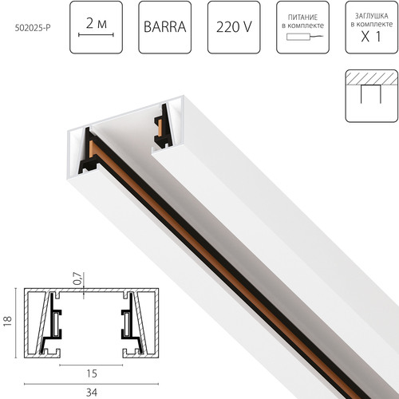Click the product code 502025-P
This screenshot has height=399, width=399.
coord(33,28)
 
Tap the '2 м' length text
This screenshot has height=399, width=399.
coord(97,23)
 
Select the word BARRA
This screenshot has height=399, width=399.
coord(165,27)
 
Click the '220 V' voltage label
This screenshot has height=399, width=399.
coord(234,27)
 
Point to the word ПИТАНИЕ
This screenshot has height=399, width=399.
coord(302,18)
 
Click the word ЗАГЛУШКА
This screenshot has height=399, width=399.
coord(372,16)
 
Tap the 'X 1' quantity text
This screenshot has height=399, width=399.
coord(371,37)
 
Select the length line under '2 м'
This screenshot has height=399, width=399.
coord(96,34)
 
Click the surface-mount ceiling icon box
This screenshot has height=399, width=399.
coord(372,96)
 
